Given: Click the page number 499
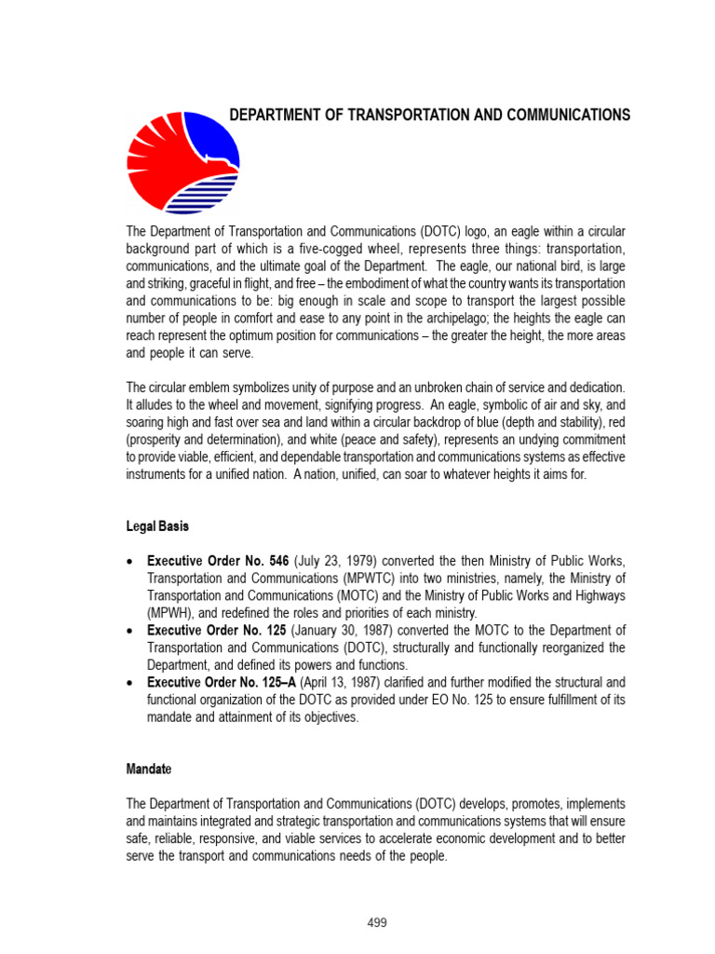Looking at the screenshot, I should [376, 923].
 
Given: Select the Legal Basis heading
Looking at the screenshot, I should [157, 526].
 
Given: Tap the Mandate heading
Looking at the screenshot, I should [152, 770].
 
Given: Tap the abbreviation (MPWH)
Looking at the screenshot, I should [170, 613].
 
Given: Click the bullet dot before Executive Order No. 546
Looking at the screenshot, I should [130, 561].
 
